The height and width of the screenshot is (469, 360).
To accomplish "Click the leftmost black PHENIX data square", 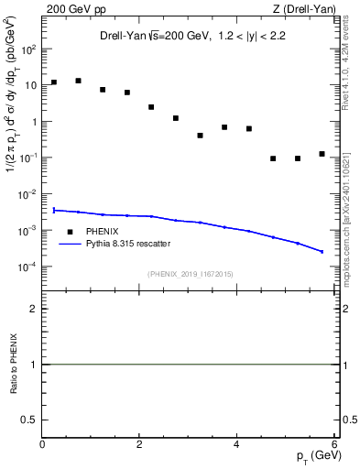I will (54, 82).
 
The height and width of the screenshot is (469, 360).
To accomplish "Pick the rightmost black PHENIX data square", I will (322, 154).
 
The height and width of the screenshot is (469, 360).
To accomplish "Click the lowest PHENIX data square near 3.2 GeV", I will (200, 136).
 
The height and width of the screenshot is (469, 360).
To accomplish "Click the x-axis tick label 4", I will (236, 445).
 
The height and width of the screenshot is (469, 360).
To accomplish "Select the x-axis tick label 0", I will (43, 445).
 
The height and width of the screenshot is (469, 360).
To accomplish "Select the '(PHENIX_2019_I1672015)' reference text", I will (189, 273).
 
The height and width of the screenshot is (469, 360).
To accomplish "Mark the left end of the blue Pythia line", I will (54, 210).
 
